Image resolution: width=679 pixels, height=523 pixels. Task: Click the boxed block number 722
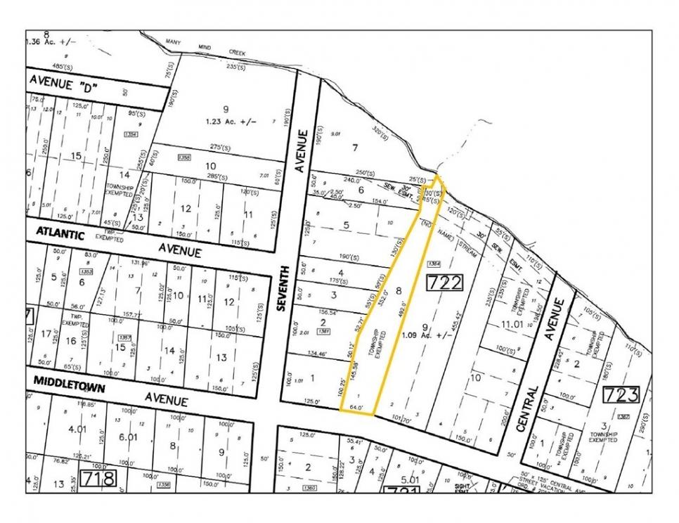tap(445, 283)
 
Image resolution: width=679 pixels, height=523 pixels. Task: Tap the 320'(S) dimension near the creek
tap(380, 131)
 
